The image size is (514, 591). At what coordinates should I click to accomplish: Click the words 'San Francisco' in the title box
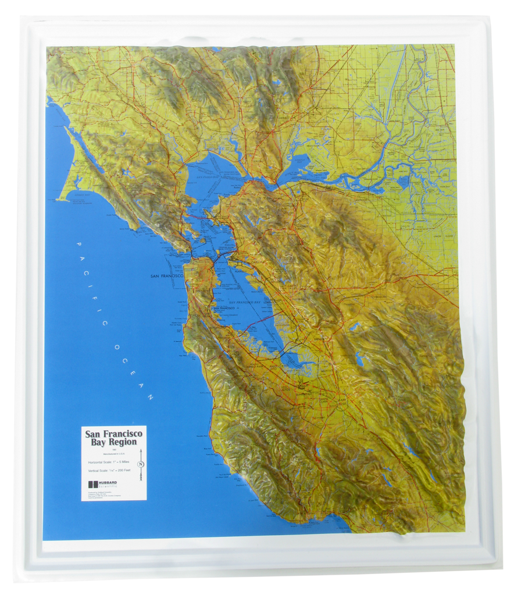[114, 434]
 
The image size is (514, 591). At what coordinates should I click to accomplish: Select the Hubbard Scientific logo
[102, 484]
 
